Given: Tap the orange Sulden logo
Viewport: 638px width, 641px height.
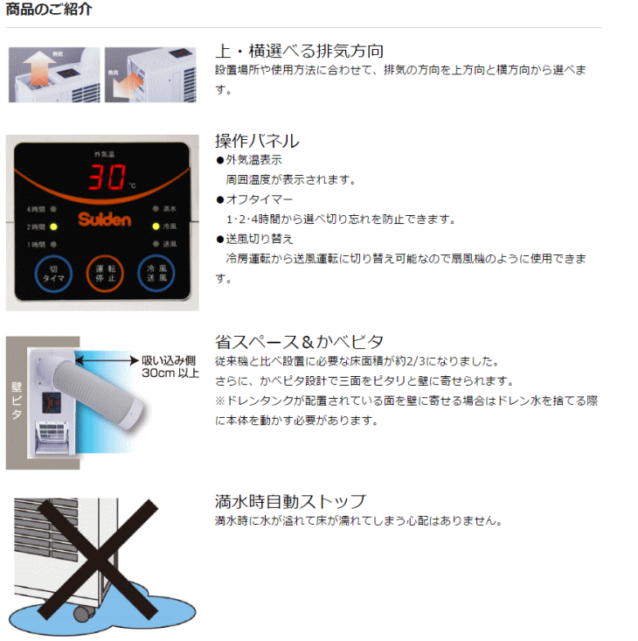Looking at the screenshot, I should click(x=103, y=219).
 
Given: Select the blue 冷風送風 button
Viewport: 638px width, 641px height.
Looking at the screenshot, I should click(x=156, y=275).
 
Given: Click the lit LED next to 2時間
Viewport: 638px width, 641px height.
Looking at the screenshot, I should click(x=53, y=226).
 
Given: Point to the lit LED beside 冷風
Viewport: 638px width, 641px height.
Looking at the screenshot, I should click(x=155, y=226).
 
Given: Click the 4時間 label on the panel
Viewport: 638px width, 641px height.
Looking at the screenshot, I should click(x=35, y=210).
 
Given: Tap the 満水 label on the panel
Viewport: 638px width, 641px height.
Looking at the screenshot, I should click(x=170, y=210).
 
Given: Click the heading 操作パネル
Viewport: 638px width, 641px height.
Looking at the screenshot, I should click(x=257, y=141).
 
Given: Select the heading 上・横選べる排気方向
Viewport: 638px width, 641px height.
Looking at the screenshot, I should click(x=299, y=51).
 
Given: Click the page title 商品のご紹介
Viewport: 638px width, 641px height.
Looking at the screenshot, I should click(x=49, y=10).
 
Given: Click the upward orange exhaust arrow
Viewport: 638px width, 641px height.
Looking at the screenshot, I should click(x=36, y=70).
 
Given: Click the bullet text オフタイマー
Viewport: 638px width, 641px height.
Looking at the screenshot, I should click(x=253, y=199).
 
